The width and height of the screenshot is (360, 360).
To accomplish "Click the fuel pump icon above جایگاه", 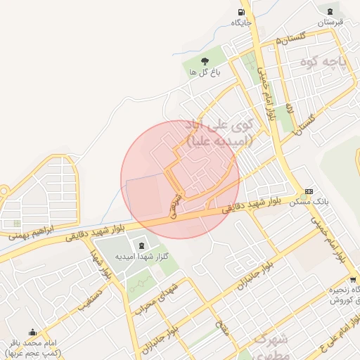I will tap(242, 11).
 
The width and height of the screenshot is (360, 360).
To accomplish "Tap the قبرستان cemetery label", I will tap(328, 22).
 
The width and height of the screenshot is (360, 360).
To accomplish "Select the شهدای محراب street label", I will tap(162, 295).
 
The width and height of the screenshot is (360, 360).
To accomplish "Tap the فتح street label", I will tap(223, 326).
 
